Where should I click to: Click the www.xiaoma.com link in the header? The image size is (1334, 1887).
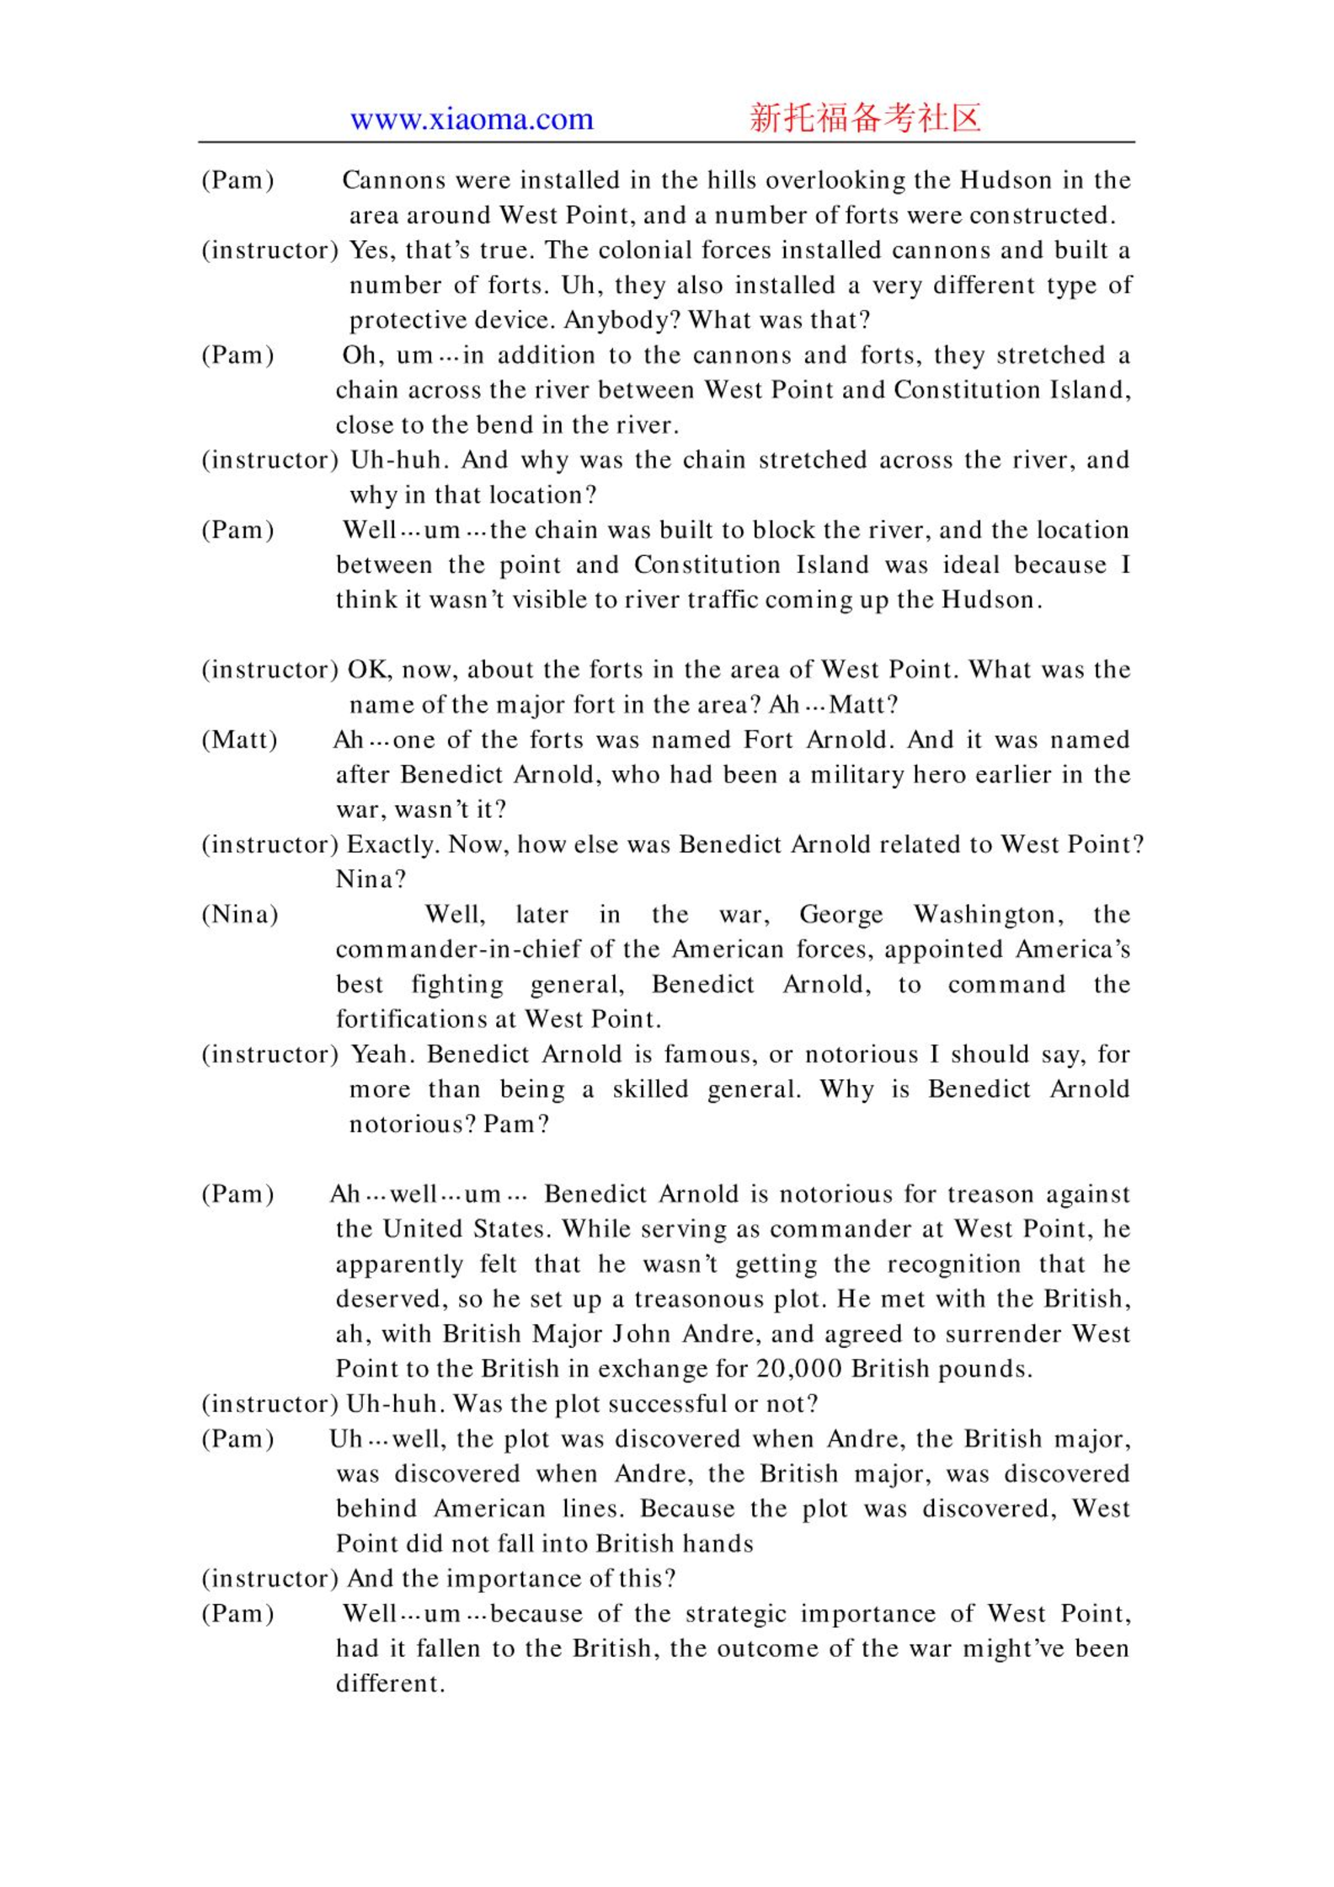pos(472,119)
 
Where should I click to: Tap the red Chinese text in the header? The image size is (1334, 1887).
pos(865,118)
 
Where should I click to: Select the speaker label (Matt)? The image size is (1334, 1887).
pos(239,740)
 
